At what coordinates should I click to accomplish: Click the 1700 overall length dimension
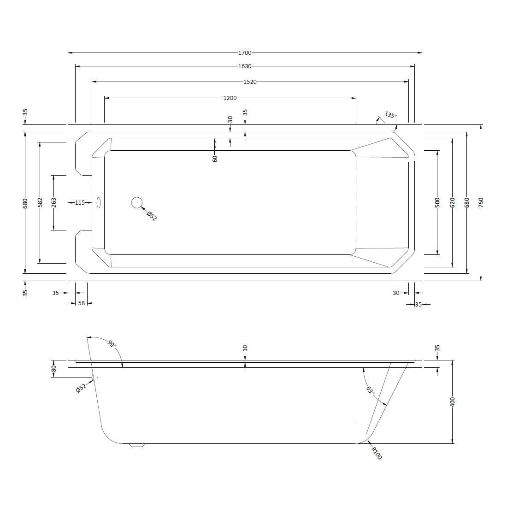pos(245,53)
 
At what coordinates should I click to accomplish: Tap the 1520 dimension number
pos(249,82)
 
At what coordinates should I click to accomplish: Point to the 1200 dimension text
pos(230,98)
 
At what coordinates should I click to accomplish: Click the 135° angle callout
pos(390,115)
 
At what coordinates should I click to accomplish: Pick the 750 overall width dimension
pos(481,202)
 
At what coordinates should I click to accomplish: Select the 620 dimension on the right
pos(453,202)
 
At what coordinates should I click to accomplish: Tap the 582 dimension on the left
pos(40,202)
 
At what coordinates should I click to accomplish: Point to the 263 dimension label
pos(54,202)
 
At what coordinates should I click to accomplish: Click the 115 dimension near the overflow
pos(80,203)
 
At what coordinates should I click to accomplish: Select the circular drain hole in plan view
pos(137,202)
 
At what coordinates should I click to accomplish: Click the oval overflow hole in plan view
pos(98,202)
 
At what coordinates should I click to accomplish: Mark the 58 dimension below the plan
pos(81,303)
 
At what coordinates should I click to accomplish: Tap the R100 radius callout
pos(377,454)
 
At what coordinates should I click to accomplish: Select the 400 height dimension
pos(453,401)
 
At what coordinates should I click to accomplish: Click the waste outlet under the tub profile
pos(137,445)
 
